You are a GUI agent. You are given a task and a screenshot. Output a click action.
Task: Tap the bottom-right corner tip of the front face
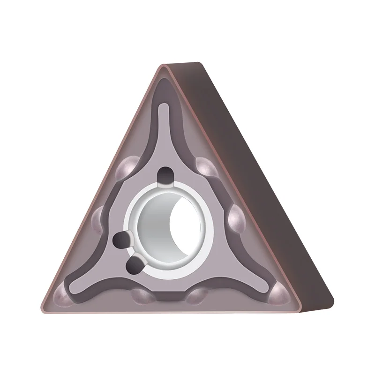tap(297, 310)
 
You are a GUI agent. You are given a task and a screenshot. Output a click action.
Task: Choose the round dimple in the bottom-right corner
tap(280, 295)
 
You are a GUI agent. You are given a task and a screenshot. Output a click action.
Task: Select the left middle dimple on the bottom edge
tap(141, 296)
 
